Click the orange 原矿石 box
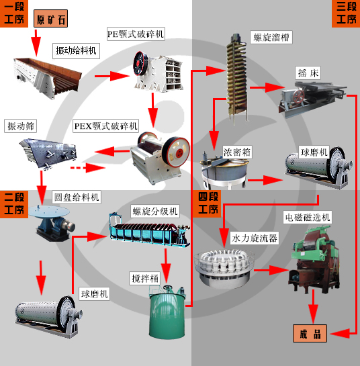50,19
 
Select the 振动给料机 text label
76,50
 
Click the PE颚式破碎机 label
135,34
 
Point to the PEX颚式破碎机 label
105,126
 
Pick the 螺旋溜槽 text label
271,38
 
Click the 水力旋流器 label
255,237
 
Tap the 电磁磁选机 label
308,218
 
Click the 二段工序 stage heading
17,203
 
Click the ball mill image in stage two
44,314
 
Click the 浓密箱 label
237,152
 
